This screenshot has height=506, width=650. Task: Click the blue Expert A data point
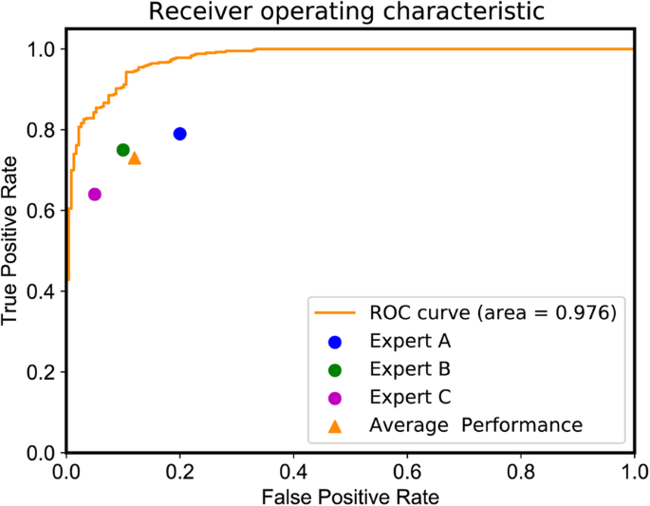point(179,134)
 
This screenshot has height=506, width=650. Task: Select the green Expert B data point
point(122,150)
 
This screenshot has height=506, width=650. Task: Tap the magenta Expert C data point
point(94,195)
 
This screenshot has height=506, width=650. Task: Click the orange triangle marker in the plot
point(134,158)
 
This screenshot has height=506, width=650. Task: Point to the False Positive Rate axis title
point(350,495)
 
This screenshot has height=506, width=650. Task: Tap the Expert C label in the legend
point(408,397)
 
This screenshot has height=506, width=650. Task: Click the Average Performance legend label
point(474,424)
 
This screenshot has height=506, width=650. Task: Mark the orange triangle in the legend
point(334,424)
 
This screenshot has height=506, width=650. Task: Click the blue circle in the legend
point(334,342)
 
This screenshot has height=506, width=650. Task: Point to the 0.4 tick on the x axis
point(293,471)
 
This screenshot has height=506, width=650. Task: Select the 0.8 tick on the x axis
point(520,471)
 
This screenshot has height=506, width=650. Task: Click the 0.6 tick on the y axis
point(41,211)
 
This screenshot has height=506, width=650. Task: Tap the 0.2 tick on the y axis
point(41,372)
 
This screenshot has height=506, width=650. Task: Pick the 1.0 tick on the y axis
point(41,48)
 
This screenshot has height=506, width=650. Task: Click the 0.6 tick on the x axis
point(407,471)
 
